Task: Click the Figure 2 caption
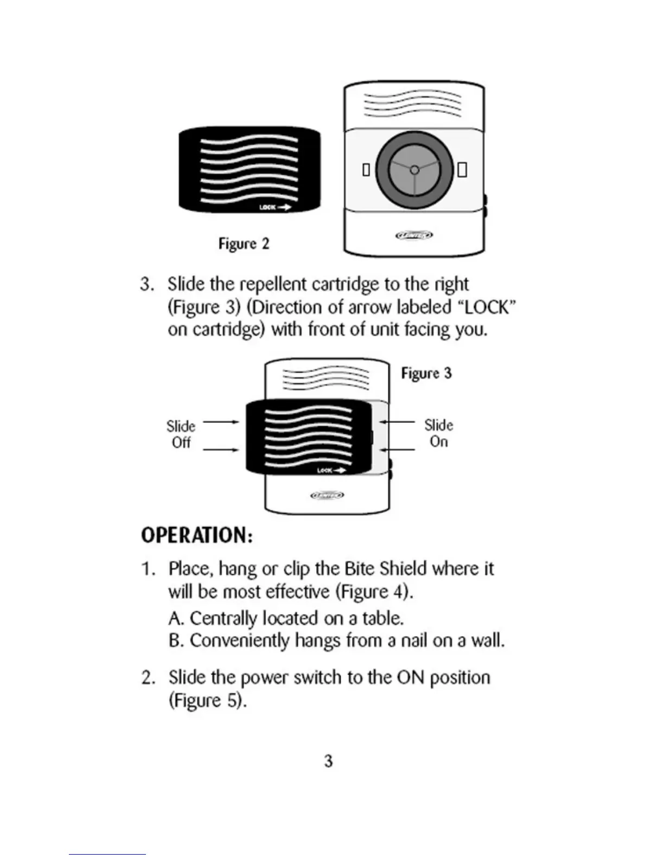point(244,244)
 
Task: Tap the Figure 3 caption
point(426,373)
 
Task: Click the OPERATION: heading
point(196,535)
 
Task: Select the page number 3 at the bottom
point(328,761)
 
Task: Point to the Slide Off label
point(181,434)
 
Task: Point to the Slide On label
point(438,433)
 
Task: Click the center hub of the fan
point(414,170)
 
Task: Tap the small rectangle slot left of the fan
point(366,170)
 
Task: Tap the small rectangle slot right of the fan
point(462,170)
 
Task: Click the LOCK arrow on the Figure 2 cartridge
point(275,207)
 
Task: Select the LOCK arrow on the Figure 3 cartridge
point(331,470)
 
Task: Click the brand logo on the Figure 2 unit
point(413,235)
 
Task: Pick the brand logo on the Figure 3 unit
point(327,495)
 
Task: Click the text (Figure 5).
point(208,701)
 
